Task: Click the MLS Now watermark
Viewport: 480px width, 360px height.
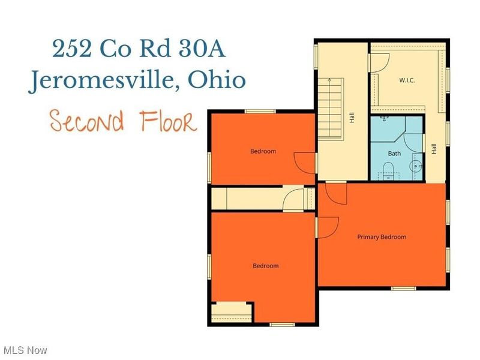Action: coord(25,350)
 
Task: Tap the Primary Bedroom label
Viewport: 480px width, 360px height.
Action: coord(382,237)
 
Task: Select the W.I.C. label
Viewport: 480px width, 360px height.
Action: coord(407,80)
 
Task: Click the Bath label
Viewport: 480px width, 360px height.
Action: coord(394,154)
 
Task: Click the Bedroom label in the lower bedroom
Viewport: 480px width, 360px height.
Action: coord(265,266)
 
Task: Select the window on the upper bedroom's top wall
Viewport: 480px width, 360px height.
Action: coord(260,111)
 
